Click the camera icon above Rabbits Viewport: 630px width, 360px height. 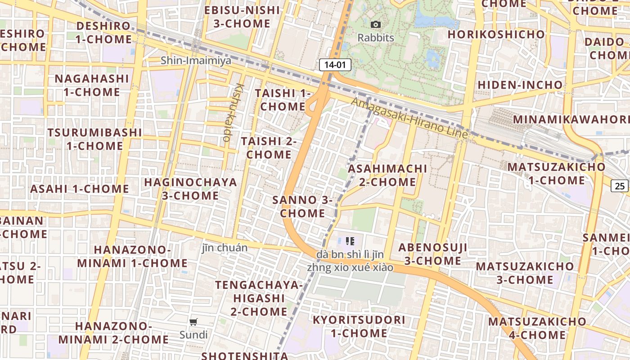[375, 25]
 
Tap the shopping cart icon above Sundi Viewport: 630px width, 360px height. [193, 322]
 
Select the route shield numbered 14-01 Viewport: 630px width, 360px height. [335, 65]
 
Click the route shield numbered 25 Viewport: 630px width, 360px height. [620, 185]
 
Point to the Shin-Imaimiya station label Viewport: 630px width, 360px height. [196, 60]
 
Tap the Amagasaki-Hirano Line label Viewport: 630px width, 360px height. [409, 118]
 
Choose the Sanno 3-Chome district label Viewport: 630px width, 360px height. [302, 207]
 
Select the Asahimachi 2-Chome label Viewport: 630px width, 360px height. [387, 175]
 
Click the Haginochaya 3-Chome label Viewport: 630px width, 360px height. [190, 189]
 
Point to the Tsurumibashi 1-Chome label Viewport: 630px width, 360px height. [94, 139]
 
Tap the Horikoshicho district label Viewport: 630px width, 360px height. [496, 34]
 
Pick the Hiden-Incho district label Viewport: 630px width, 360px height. [520, 85]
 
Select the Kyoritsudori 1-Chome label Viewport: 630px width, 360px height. [359, 327]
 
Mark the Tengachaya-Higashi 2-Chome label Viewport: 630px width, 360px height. [259, 298]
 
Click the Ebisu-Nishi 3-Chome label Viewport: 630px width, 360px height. [242, 17]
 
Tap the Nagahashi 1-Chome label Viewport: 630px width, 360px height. [92, 85]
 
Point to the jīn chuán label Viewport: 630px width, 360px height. [225, 248]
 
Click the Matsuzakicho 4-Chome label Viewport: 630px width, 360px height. [537, 328]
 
